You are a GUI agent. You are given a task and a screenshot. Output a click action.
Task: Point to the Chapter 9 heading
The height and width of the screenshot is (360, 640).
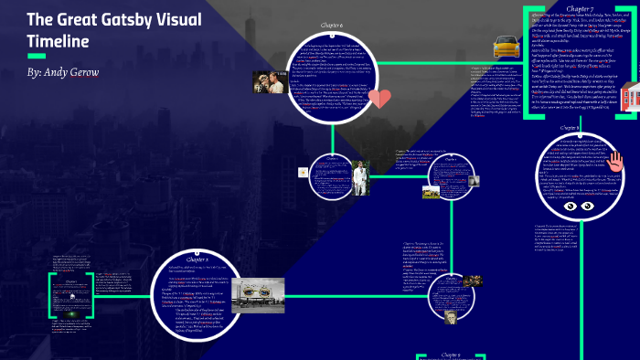[450, 354]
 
